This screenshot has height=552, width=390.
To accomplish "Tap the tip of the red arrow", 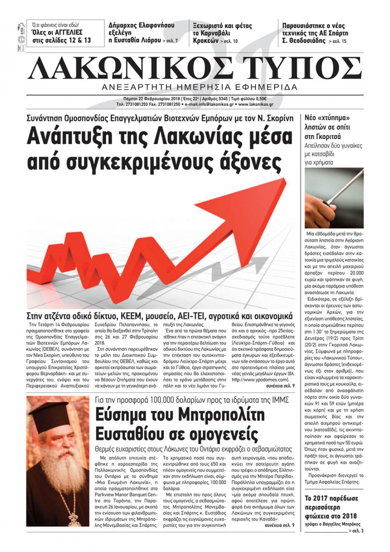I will (x=287, y=181).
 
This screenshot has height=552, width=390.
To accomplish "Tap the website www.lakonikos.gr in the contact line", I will (x=256, y=105).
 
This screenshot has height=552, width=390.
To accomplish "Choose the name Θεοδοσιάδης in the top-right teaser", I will (x=307, y=41).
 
